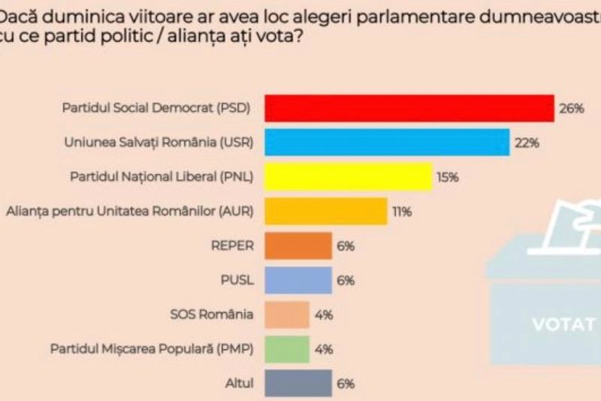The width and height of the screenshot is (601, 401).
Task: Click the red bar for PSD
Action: coord(409,108)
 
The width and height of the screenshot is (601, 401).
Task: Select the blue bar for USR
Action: coord(388,143)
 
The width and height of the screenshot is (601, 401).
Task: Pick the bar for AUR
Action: coord(326,211)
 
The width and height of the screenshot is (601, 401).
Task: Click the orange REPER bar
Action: coord(298,246)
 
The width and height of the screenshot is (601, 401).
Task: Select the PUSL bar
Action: coord(298,280)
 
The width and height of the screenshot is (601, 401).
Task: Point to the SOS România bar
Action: coord(287,314)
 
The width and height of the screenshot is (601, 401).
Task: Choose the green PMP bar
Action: coord(287,348)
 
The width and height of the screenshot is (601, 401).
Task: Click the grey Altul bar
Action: coord(298,383)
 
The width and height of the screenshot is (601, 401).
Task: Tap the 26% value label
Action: coord(571,109)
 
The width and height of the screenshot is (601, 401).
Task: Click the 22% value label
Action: coord(527,143)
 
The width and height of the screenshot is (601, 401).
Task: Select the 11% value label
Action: coord(401,212)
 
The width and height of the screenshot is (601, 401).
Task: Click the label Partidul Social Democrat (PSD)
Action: coord(155,108)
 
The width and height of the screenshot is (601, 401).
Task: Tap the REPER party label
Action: coord(234,246)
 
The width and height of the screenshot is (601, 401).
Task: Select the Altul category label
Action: coord(240,383)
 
